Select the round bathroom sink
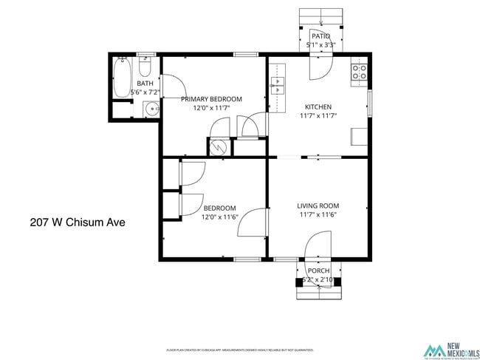151,109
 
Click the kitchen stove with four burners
359,72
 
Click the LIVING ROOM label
318,206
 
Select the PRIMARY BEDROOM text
212,99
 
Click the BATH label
145,84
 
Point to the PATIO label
320,36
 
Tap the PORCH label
318,271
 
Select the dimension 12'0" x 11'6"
219,217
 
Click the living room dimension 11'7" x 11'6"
318,215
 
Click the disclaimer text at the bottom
239,350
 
